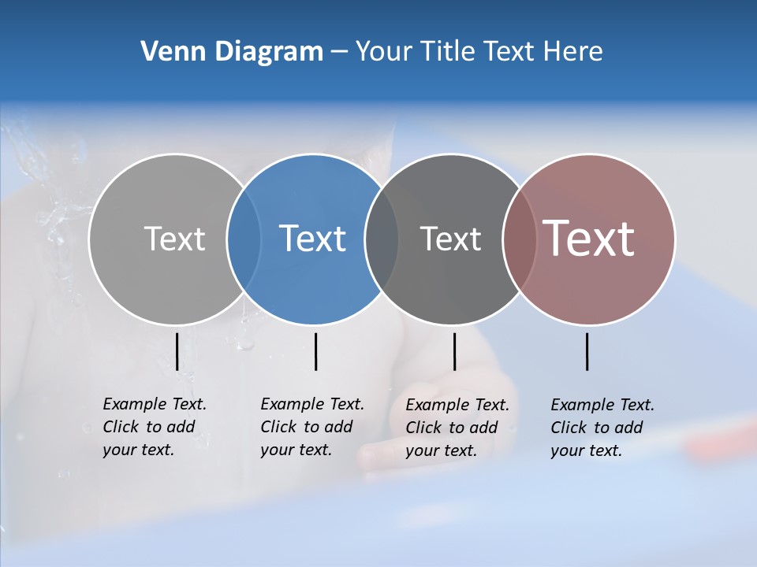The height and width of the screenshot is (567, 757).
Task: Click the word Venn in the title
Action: point(168,52)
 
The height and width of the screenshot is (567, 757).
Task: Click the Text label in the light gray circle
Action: point(174,239)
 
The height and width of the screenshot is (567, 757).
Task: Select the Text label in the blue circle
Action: point(313,239)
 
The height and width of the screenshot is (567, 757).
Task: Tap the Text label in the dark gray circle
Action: point(450,239)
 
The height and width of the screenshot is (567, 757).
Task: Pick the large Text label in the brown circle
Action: point(589,239)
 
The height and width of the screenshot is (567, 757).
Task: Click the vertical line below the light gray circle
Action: point(177,351)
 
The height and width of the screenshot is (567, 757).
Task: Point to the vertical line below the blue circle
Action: point(315,351)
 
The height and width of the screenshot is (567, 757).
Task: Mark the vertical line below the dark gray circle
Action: point(454,351)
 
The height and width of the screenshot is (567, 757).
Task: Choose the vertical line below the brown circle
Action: point(587,351)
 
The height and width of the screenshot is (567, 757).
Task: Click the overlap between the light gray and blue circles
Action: point(244,239)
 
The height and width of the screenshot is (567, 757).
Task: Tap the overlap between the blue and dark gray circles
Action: point(382,239)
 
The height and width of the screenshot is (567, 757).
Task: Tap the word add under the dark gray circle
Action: point(483,428)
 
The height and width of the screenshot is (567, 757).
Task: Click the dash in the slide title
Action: point(339,52)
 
